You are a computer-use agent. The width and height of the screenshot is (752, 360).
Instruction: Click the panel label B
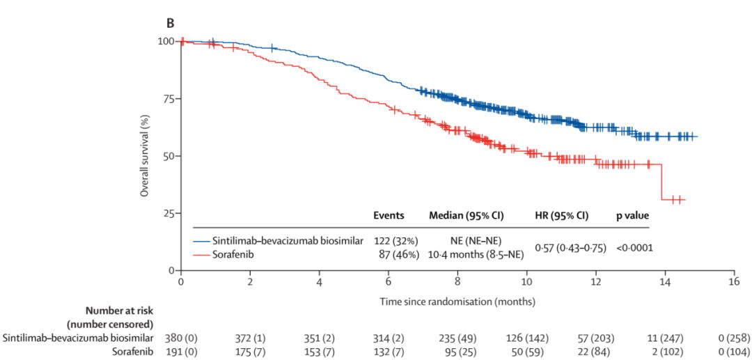pos(169,23)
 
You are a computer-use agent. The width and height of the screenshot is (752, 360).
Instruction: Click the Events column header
pos(389,216)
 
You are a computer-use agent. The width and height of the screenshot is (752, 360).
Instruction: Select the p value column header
pos(632,216)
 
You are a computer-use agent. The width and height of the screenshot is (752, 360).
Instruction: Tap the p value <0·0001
pos(634,247)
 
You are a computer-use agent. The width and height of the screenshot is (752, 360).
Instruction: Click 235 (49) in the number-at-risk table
pos(457,338)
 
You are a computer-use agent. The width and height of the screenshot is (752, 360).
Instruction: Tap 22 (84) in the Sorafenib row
pos(596,351)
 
